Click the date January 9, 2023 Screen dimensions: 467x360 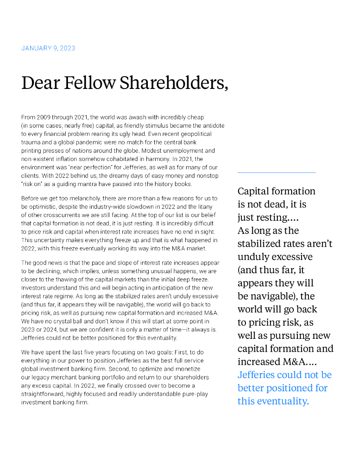click(x=48, y=48)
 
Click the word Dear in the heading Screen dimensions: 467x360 click(x=40, y=83)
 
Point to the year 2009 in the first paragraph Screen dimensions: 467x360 click(x=43, y=117)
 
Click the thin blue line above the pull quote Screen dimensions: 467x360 click(x=277, y=172)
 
